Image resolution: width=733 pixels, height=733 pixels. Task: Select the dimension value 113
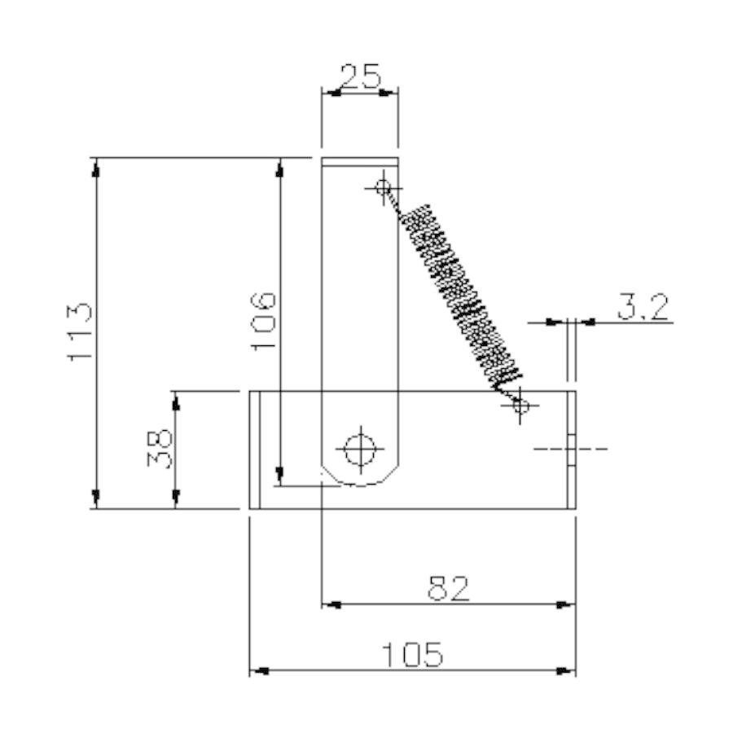(x=80, y=332)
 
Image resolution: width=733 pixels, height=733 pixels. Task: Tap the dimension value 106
(x=263, y=321)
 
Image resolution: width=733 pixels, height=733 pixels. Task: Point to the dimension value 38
(x=160, y=450)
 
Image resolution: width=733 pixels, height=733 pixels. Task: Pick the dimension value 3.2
(x=643, y=307)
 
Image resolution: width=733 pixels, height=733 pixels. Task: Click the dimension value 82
(x=448, y=588)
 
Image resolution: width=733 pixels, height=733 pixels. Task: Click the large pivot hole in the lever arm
(x=360, y=450)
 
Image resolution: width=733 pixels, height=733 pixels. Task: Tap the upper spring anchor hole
(x=384, y=188)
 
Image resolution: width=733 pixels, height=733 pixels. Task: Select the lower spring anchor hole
(x=520, y=406)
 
